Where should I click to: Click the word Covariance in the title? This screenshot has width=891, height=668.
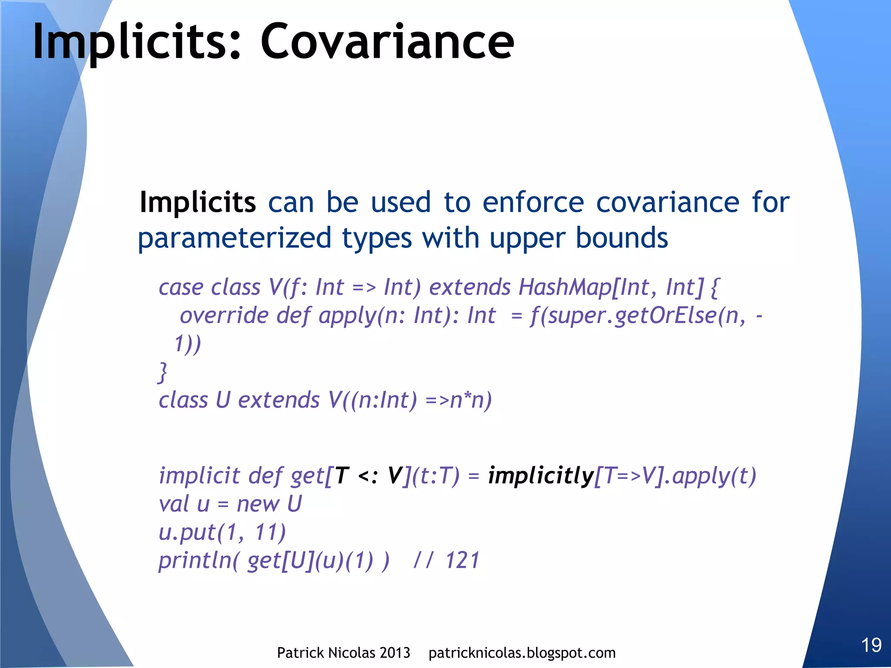coord(387,42)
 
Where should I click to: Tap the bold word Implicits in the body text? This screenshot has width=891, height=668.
coord(198,203)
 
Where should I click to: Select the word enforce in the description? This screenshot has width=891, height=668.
coord(533,203)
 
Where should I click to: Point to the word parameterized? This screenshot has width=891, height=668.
coord(234,238)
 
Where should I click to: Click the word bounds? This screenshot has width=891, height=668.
coord(622,238)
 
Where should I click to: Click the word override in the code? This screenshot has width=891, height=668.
coord(224,316)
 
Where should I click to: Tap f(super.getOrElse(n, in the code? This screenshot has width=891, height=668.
coord(638,316)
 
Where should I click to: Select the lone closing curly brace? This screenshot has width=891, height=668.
coord(163,372)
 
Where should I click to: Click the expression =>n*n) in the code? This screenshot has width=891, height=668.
coord(459,400)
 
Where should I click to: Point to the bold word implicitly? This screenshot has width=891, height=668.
coord(541,475)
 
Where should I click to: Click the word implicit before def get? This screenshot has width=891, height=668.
coord(199,475)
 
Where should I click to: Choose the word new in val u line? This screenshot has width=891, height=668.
coord(258,504)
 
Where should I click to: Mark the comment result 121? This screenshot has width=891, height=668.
coord(462,561)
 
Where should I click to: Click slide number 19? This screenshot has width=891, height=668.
coord(871,645)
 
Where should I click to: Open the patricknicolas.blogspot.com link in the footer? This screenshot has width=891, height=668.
coord(522,653)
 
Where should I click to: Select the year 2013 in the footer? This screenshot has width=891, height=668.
coord(394,653)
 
